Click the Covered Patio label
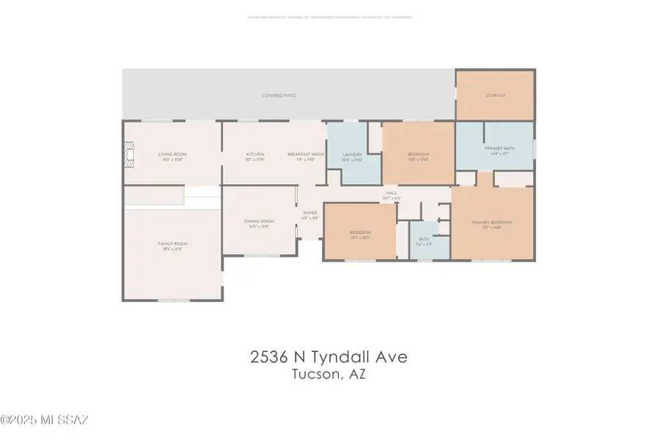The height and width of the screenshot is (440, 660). [274, 95]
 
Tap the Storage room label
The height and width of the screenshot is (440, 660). [495, 95]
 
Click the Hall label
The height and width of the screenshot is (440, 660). [392, 195]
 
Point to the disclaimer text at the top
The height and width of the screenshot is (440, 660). [329, 16]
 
